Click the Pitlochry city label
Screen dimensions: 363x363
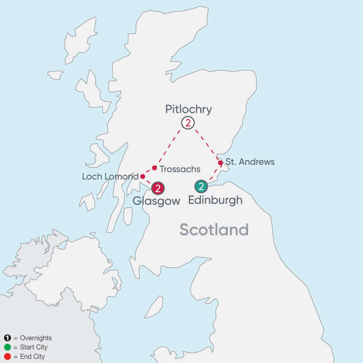(x=188, y=109)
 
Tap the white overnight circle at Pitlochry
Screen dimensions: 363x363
(x=188, y=123)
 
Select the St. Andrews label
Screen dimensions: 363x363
(x=250, y=162)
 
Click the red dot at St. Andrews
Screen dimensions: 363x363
(x=220, y=163)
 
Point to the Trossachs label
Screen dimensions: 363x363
(x=180, y=169)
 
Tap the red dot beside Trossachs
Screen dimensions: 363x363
(x=154, y=168)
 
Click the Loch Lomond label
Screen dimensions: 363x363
(x=110, y=177)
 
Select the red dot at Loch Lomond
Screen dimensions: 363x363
(x=142, y=176)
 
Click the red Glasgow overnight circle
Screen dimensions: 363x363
(x=158, y=188)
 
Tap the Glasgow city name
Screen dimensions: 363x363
(x=156, y=201)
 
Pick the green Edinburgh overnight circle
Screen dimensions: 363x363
(x=201, y=186)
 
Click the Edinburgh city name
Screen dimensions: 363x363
(x=215, y=200)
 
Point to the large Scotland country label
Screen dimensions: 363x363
(x=214, y=229)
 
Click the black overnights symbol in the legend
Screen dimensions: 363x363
(x=7, y=338)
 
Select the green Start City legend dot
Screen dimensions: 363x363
(x=7, y=347)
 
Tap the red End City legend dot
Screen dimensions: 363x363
(x=7, y=357)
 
